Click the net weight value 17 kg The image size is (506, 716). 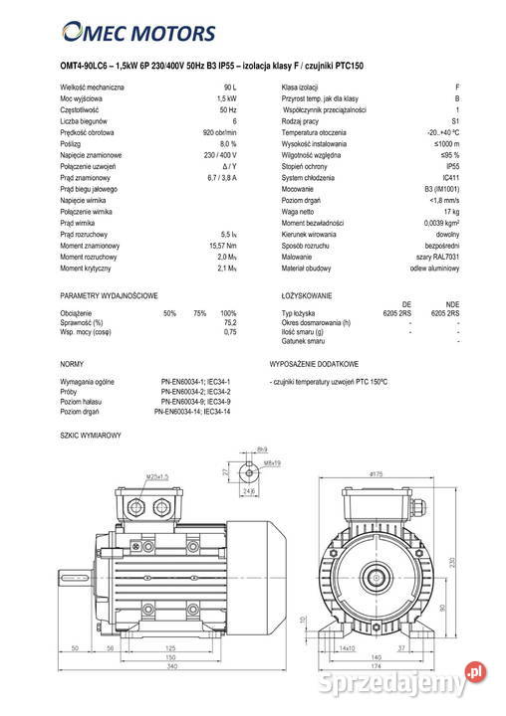coord(451,212)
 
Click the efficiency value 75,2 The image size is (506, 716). coord(230,323)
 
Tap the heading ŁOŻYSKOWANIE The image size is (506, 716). coord(307,296)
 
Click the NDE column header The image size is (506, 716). coord(452,305)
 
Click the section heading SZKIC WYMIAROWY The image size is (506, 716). coord(91,437)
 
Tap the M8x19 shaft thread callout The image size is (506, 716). coord(273,463)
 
